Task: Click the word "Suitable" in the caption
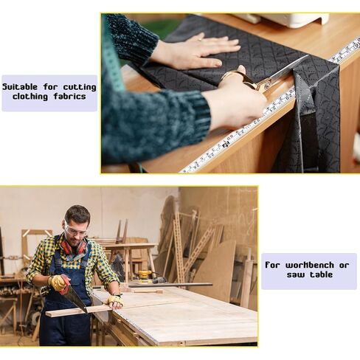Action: pyautogui.click(x=20, y=87)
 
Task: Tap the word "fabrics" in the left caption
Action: pyautogui.click(x=70, y=96)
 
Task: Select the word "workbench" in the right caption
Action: pyautogui.click(x=310, y=265)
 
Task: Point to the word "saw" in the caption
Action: pyautogui.click(x=296, y=274)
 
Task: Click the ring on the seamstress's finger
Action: pyautogui.click(x=200, y=39)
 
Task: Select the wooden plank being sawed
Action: pyautogui.click(x=79, y=311)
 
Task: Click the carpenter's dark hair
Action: pyautogui.click(x=77, y=213)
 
